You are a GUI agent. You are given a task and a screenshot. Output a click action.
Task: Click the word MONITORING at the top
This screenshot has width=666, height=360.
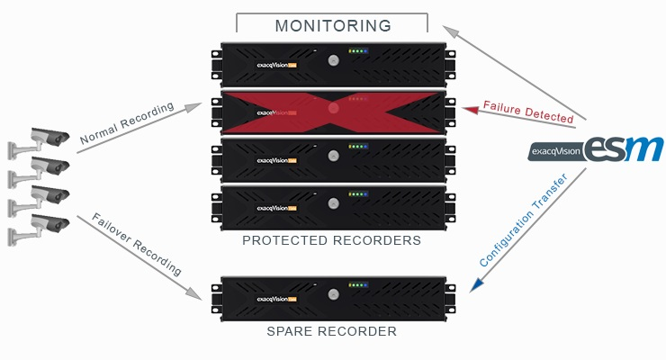(333, 25)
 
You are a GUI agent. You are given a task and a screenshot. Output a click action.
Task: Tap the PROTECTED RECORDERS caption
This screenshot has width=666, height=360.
(332, 241)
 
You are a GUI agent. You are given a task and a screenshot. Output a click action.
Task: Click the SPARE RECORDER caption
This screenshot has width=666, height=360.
(332, 331)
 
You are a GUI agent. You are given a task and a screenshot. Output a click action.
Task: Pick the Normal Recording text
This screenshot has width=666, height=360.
(126, 124)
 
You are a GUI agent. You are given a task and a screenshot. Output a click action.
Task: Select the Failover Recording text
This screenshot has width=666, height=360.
(137, 245)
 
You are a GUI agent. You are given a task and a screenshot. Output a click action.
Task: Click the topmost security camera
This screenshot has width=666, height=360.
(45, 137)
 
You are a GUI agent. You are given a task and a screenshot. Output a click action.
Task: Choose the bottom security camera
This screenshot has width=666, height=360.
(45, 223)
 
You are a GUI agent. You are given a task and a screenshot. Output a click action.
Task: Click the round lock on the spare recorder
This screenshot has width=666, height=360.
(333, 295)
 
